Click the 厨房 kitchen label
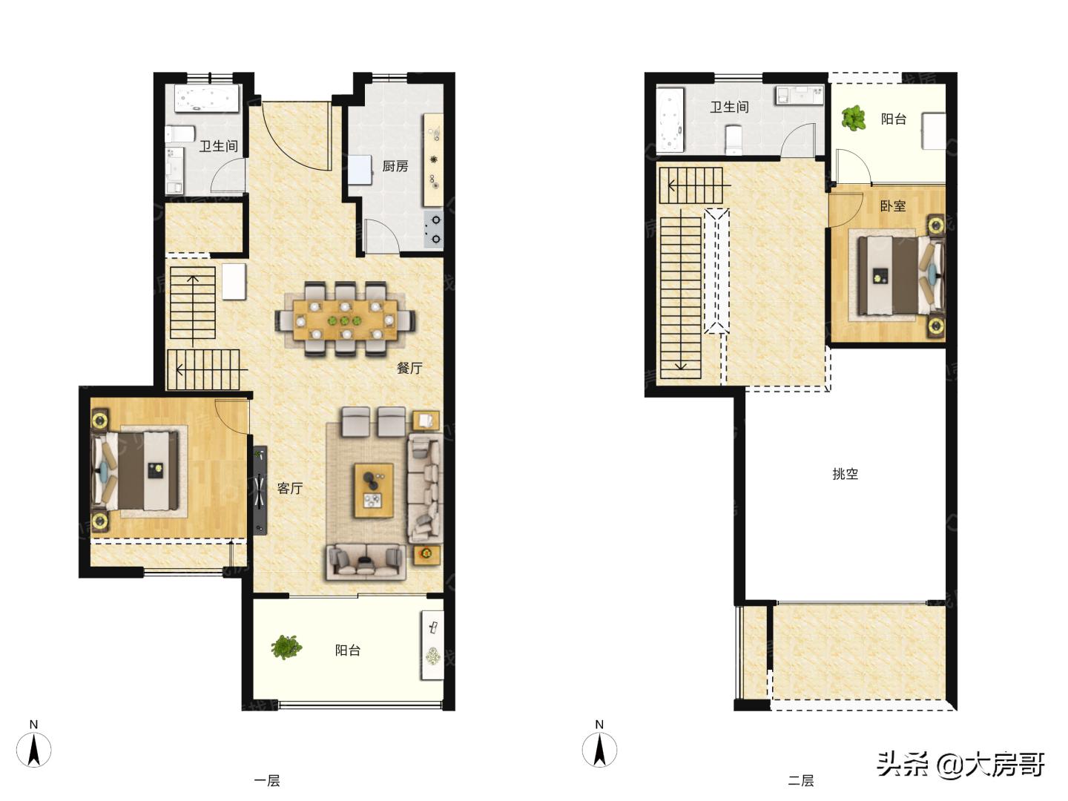click(x=395, y=166)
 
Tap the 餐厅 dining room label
click(x=409, y=368)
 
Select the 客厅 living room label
click(x=290, y=488)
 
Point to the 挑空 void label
click(x=845, y=474)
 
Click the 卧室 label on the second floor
click(x=893, y=205)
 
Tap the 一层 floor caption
click(x=267, y=781)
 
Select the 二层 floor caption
click(x=801, y=781)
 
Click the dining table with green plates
click(x=345, y=320)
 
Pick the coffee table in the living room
click(x=374, y=490)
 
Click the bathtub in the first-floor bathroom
click(x=207, y=99)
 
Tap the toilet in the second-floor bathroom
click(x=734, y=139)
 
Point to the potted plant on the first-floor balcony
click(x=286, y=647)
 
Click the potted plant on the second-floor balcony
click(x=854, y=118)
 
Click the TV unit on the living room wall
click(x=260, y=490)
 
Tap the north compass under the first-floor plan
click(x=33, y=749)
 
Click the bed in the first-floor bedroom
click(x=135, y=470)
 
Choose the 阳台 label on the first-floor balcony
click(x=348, y=650)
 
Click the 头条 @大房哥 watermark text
click(x=960, y=764)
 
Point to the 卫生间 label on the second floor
click(x=729, y=107)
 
